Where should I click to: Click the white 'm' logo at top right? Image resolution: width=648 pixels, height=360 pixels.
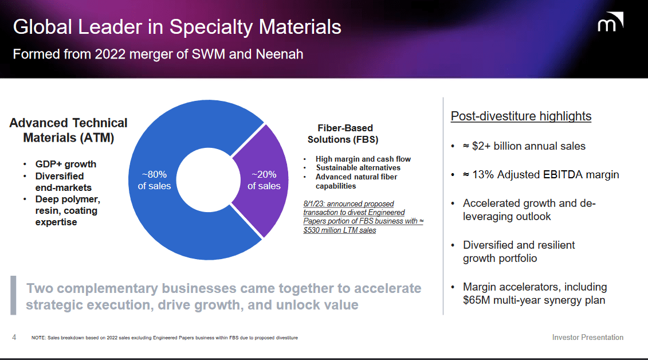tap(610, 24)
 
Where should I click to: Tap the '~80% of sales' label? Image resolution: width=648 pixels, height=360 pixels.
tap(154, 179)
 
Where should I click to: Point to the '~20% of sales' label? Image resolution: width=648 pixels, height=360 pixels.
tap(264, 179)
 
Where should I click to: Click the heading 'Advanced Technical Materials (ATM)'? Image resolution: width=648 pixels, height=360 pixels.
tap(68, 130)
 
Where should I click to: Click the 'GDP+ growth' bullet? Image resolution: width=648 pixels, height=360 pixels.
tap(65, 164)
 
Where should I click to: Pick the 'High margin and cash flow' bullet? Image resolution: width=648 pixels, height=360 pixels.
tap(363, 159)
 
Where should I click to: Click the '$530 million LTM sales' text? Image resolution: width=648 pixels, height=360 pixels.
tap(340, 230)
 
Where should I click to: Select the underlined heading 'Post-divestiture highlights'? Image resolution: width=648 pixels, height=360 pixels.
tap(521, 116)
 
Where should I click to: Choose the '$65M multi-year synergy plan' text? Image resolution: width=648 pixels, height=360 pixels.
tap(533, 300)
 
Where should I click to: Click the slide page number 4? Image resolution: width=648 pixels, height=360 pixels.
tap(14, 337)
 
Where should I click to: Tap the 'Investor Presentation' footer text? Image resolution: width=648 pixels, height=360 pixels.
tap(587, 337)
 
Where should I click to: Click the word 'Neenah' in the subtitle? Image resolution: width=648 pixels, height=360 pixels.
tap(280, 54)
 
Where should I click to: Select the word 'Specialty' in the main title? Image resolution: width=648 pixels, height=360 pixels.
tap(210, 27)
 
